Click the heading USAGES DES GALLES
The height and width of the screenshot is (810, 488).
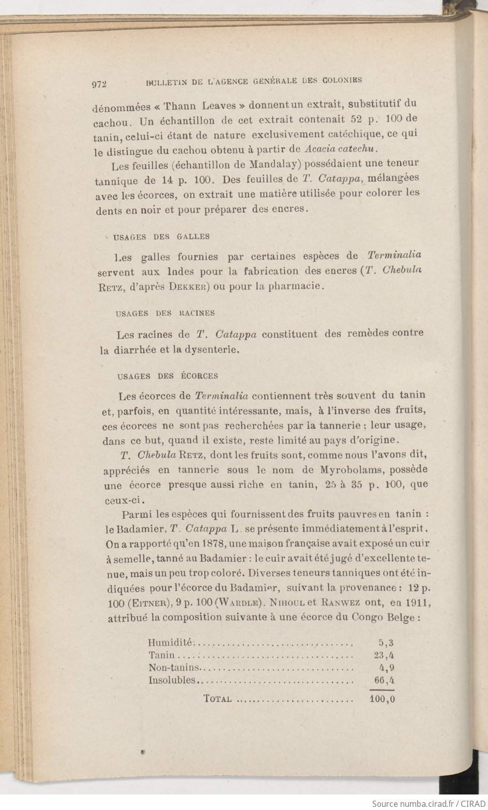coord(161,236)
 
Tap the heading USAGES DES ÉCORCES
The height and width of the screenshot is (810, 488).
coord(168,376)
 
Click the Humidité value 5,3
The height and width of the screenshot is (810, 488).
coord(386,643)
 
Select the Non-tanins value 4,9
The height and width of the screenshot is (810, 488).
coord(387,668)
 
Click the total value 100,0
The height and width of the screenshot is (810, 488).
coord(383,699)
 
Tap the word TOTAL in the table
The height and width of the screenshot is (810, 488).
coord(217,699)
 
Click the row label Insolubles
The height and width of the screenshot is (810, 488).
coord(172,680)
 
